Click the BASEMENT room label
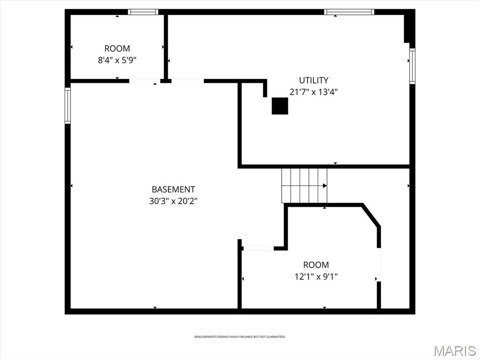pyautogui.click(x=173, y=189)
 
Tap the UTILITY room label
pyautogui.click(x=314, y=80)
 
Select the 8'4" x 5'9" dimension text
pyautogui.click(x=117, y=60)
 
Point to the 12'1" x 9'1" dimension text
pyautogui.click(x=316, y=277)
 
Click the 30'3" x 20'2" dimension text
pyautogui.click(x=173, y=201)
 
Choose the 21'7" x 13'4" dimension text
pyautogui.click(x=314, y=92)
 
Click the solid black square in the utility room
pyautogui.click(x=280, y=106)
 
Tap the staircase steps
pyautogui.click(x=304, y=186)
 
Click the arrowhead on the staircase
pyautogui.click(x=325, y=186)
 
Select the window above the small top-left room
pyautogui.click(x=143, y=12)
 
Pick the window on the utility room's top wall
pyautogui.click(x=349, y=12)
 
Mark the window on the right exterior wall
pyautogui.click(x=412, y=66)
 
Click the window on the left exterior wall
pyautogui.click(x=67, y=105)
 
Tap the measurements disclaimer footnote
pyautogui.click(x=240, y=337)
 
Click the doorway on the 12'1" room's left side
pyautogui.click(x=258, y=248)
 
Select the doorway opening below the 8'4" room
pyautogui.click(x=144, y=81)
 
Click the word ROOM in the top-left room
pyautogui.click(x=117, y=49)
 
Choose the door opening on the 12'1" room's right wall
pyautogui.click(x=379, y=264)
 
